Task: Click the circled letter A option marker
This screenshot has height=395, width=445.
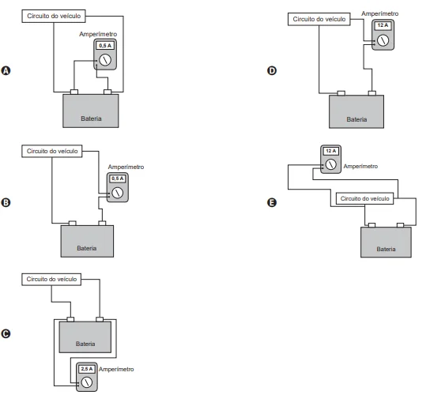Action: pyautogui.click(x=6, y=70)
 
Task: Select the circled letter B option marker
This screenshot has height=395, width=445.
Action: pyautogui.click(x=6, y=203)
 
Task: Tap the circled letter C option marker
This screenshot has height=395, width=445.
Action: pyautogui.click(x=6, y=333)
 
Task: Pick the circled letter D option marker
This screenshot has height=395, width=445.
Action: pyautogui.click(x=272, y=70)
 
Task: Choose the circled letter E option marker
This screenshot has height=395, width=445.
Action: pyautogui.click(x=272, y=203)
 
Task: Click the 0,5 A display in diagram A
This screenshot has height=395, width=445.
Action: pyautogui.click(x=105, y=45)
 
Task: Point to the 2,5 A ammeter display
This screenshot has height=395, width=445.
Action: pyautogui.click(x=87, y=369)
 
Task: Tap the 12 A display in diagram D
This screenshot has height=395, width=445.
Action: pyautogui.click(x=383, y=25)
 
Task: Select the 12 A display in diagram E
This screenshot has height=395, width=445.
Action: pyautogui.click(x=331, y=151)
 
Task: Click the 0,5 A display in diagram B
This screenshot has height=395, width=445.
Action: pyautogui.click(x=118, y=179)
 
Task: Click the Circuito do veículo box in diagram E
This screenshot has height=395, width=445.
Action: pyautogui.click(x=364, y=198)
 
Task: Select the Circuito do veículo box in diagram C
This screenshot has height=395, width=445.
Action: pyautogui.click(x=51, y=280)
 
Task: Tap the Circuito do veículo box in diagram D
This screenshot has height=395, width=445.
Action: pyautogui.click(x=319, y=19)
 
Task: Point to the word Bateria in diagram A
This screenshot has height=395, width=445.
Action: pyautogui.click(x=91, y=118)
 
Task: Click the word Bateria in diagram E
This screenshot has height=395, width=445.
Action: pyautogui.click(x=386, y=250)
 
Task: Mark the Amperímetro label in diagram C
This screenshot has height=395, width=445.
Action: pyautogui.click(x=116, y=369)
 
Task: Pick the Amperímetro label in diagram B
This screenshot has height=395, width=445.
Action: pyautogui.click(x=126, y=167)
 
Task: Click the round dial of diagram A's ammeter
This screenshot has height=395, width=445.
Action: pyautogui.click(x=105, y=60)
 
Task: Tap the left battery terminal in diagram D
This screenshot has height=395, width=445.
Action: pyautogui.click(x=341, y=93)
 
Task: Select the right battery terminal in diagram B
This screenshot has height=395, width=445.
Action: pyautogui.click(x=102, y=224)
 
